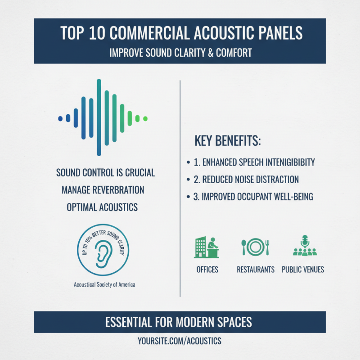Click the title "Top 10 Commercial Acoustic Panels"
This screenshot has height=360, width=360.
coord(180,34)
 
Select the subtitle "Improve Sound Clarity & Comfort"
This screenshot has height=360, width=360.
coord(180,53)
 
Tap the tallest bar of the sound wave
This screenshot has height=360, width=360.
coord(99,117)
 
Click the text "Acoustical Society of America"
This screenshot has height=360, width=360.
coord(104,284)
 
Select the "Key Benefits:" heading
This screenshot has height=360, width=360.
coord(228,141)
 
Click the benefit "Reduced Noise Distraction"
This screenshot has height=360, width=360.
coord(250,180)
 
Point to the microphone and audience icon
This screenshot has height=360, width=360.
coord(305,246)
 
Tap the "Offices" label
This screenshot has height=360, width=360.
coord(207,270)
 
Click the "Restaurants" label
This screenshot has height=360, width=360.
coord(256,270)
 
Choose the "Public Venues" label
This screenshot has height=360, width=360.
coord(303,270)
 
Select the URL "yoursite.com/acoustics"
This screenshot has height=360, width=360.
coord(180,341)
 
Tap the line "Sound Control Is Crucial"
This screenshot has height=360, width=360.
coord(105,173)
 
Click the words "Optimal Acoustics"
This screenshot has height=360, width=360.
coord(102,207)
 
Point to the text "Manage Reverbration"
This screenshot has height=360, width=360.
coord(103,190)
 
